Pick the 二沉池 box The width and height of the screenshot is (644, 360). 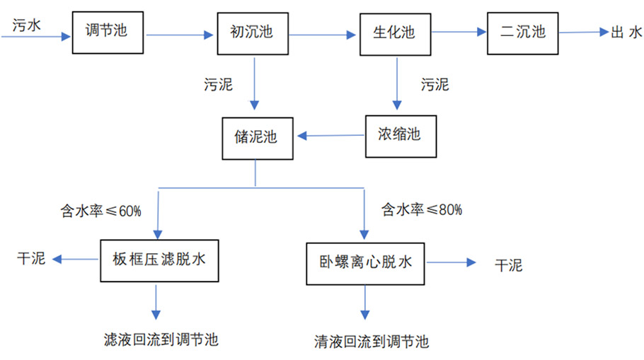coord(522,33)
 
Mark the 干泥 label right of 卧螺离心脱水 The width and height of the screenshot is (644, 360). coord(508,265)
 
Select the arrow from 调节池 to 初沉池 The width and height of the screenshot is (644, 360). coord(180,33)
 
